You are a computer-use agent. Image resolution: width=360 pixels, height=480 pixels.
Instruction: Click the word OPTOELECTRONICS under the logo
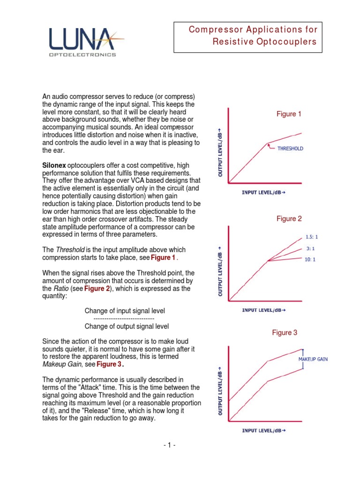click(82, 55)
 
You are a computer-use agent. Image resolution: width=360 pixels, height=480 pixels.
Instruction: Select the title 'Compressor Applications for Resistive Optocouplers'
click(253, 36)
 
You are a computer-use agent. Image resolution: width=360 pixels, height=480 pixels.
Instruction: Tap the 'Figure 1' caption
click(289, 114)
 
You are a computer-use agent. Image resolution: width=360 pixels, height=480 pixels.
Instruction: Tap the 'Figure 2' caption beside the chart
click(289, 218)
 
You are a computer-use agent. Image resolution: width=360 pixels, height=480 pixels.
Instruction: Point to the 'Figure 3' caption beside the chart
click(285, 333)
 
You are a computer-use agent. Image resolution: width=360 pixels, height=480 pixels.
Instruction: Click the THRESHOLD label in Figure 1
click(290, 149)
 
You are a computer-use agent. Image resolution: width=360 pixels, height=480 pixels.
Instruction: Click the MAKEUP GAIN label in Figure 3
click(313, 359)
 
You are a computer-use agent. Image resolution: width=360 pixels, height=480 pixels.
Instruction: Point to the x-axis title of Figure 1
click(263, 193)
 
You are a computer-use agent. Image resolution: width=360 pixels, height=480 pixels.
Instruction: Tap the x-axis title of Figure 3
click(263, 430)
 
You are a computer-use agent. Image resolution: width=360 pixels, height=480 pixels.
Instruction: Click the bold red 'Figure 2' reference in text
click(97, 289)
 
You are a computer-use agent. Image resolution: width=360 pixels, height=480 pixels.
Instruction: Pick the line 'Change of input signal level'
click(125, 311)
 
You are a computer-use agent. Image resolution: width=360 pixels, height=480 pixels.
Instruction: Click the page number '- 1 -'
click(169, 445)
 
